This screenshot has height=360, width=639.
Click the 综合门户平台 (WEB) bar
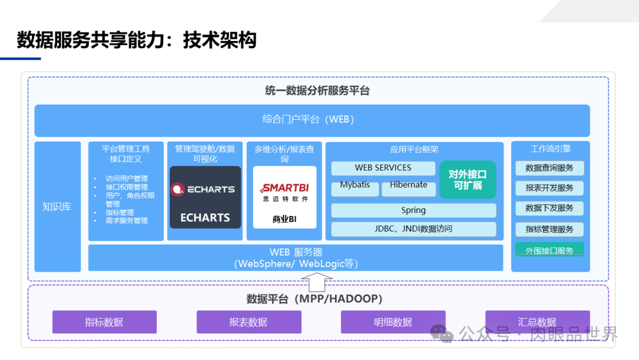(312, 120)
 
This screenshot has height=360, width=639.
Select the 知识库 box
(57, 207)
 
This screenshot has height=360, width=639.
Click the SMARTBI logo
(285, 189)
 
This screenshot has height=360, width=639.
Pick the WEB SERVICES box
(383, 168)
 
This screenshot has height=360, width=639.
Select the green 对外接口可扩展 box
(467, 179)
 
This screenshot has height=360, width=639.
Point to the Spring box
(414, 210)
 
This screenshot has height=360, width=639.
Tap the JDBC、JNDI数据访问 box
(414, 229)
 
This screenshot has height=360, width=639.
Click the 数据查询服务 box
(550, 168)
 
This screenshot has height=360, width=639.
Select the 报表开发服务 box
(550, 188)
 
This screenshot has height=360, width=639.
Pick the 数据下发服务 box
(550, 208)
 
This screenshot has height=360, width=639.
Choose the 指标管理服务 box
(550, 229)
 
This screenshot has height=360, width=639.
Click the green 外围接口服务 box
(550, 250)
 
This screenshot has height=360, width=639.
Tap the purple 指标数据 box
(104, 322)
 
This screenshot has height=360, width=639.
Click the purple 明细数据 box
(393, 322)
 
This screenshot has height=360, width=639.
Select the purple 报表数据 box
(248, 322)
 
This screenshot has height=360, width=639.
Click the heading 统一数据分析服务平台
(317, 91)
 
